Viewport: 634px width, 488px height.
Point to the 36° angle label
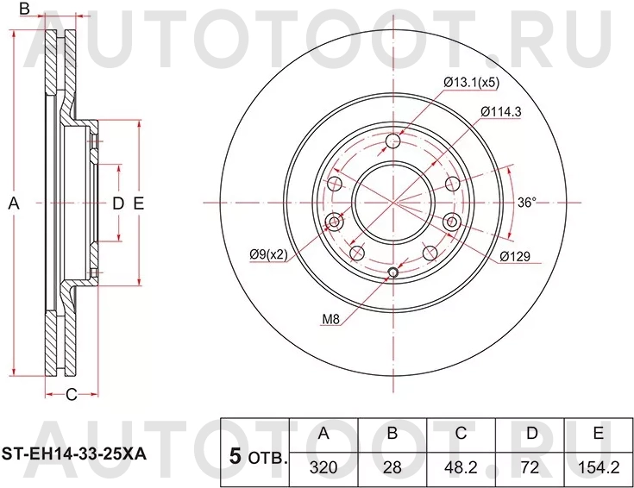[x=527, y=203]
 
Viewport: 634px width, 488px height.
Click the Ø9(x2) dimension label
[x=269, y=253]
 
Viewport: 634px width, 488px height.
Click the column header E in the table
[x=599, y=434]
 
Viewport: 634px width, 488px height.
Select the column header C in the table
[x=462, y=434]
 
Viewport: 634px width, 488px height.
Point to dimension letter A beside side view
[x=13, y=203]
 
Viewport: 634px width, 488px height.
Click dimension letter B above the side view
[x=25, y=9]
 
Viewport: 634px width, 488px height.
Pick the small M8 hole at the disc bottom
[x=393, y=274]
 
